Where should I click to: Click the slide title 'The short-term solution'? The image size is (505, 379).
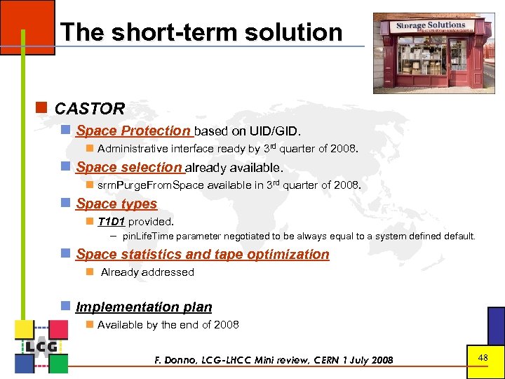(201, 32)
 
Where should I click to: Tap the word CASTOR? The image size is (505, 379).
(89, 109)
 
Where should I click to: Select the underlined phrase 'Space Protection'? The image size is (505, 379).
(133, 131)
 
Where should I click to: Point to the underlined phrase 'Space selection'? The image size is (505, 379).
(129, 167)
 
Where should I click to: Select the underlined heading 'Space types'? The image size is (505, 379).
(116, 204)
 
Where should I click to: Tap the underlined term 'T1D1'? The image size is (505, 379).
(112, 221)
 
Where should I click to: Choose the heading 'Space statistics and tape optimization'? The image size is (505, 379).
(202, 254)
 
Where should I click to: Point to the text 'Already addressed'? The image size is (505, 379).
(147, 272)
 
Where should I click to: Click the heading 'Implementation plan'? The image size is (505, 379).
(144, 307)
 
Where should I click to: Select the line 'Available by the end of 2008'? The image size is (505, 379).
(168, 324)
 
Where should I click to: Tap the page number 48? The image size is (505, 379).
(483, 358)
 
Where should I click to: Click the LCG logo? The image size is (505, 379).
(41, 346)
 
